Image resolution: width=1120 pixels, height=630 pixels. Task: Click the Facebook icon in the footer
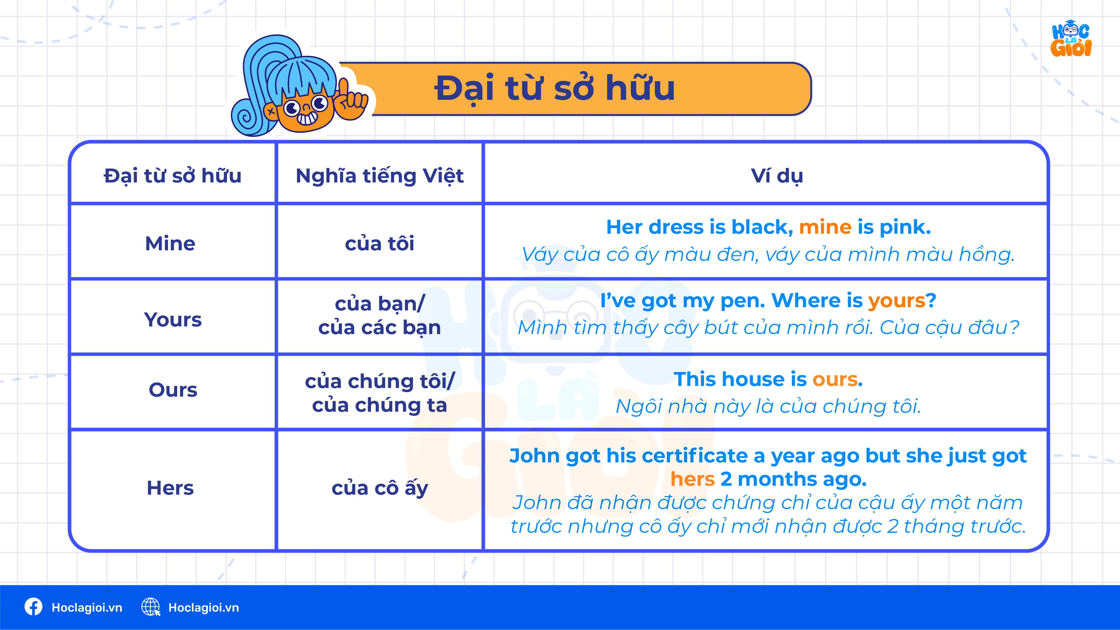point(33,607)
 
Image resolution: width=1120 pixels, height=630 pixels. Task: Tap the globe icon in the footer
point(151,607)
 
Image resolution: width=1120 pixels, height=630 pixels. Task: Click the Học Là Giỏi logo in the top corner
point(1071,39)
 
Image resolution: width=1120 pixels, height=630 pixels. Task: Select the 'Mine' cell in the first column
point(170,243)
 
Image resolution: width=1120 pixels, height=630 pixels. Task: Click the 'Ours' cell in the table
point(173,390)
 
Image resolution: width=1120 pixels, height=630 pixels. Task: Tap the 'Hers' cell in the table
point(170,488)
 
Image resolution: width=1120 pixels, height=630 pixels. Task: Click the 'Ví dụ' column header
point(777,176)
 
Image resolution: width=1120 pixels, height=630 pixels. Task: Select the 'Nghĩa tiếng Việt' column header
point(380,176)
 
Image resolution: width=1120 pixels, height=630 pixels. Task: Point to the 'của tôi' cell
point(380,243)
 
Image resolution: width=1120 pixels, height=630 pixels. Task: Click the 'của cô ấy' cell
point(380,488)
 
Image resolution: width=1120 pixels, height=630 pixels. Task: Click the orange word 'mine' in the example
point(825,227)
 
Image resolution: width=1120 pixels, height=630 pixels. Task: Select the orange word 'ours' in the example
point(835,379)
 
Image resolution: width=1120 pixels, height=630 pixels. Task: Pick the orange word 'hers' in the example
point(692,479)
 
